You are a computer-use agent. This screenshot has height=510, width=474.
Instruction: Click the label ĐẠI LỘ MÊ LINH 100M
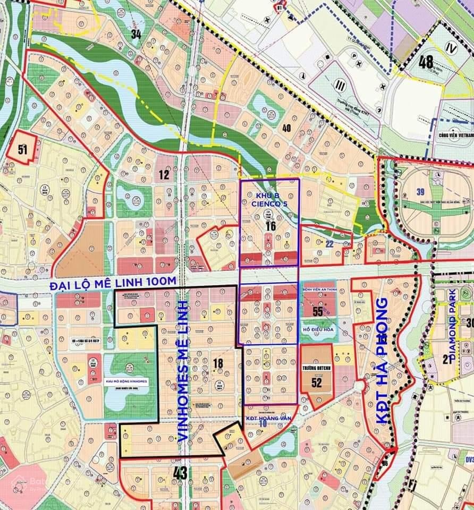[x=113, y=284]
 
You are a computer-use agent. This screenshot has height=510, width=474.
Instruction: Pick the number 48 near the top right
[x=426, y=62]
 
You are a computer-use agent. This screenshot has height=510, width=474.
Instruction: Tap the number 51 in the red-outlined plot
[x=22, y=149]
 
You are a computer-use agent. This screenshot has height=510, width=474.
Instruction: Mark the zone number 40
[x=286, y=127]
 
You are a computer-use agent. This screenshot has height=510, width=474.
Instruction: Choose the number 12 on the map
[x=163, y=174]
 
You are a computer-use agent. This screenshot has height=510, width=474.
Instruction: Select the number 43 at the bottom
[x=180, y=473]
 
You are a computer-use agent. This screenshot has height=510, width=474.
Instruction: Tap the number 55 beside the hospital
[x=318, y=311]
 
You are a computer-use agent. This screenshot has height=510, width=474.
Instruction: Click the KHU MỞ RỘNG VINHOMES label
[x=126, y=381]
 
